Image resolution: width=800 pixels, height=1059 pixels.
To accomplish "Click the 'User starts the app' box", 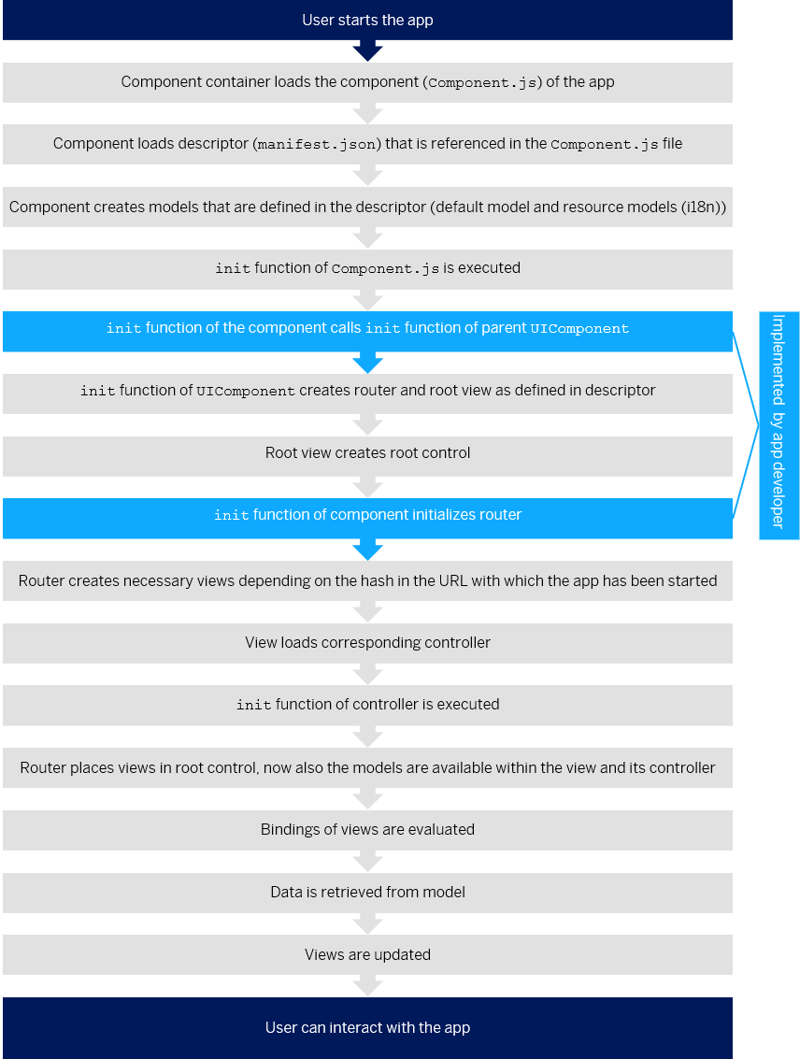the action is click(x=367, y=20).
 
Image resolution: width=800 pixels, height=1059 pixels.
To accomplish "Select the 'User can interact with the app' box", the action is click(x=367, y=1027).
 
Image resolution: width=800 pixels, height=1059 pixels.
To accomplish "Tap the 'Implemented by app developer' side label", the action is click(x=779, y=425).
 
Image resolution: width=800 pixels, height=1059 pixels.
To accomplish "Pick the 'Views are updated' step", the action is click(x=367, y=954).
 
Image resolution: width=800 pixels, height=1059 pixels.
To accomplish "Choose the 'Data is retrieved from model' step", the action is click(x=367, y=893).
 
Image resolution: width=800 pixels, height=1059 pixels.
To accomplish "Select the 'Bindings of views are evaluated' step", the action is click(x=367, y=829).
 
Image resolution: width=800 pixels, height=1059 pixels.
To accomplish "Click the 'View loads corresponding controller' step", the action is click(x=367, y=642).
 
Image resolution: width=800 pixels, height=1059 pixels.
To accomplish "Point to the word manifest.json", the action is click(x=317, y=145).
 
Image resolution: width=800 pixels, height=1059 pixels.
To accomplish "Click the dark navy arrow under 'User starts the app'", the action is click(x=367, y=50).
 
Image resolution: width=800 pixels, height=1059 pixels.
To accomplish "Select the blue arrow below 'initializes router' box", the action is click(x=367, y=550).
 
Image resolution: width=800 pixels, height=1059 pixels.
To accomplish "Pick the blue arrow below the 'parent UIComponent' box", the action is click(x=367, y=363).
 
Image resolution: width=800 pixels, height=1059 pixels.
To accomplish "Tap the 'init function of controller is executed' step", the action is click(x=367, y=705).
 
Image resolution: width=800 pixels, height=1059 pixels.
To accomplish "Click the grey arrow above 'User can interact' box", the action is click(x=367, y=985).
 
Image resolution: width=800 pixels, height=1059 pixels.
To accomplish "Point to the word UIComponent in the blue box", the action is click(x=579, y=329).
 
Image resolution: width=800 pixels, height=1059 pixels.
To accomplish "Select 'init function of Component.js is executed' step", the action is click(x=367, y=269).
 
